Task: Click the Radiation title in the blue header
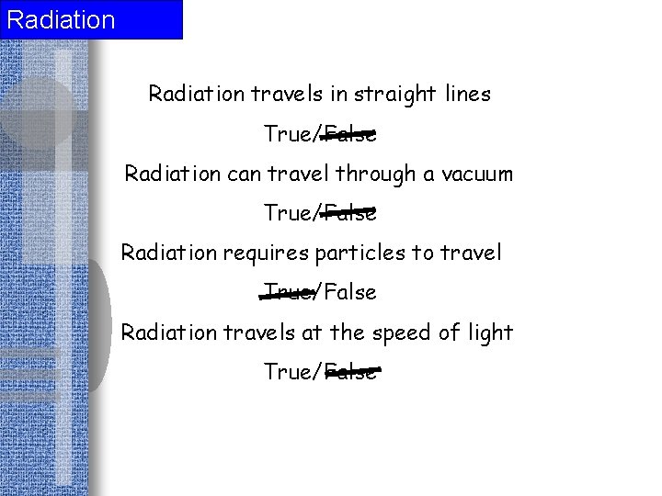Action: (x=61, y=19)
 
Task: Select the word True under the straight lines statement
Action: (x=289, y=134)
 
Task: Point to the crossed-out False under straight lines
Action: (x=350, y=134)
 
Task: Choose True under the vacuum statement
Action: (x=289, y=213)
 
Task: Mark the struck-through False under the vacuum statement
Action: (x=350, y=213)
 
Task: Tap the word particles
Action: (x=356, y=253)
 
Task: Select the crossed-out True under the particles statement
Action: (x=289, y=292)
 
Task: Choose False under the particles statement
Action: (x=350, y=292)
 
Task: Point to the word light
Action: (x=489, y=332)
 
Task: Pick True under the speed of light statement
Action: (x=289, y=371)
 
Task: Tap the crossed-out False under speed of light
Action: (x=350, y=371)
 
